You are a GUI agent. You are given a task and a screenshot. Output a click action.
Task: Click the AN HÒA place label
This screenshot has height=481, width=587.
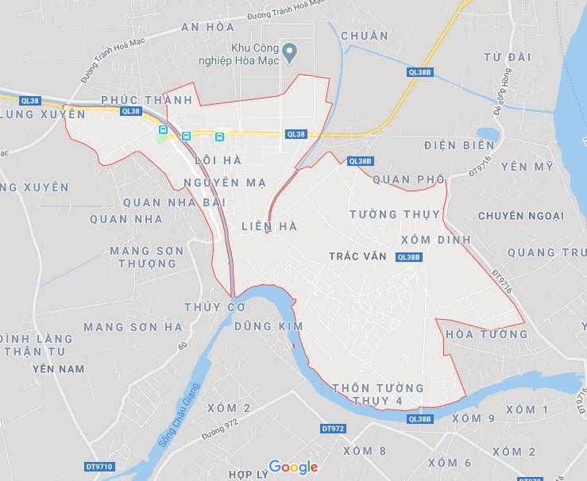[x=209, y=27]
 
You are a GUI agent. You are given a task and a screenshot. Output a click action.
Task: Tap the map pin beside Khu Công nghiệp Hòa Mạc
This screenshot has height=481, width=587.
[x=291, y=54]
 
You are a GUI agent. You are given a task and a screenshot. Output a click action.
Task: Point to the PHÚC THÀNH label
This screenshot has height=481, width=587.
[x=147, y=100]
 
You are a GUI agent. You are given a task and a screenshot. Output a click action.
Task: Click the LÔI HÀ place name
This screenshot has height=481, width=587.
[x=217, y=160]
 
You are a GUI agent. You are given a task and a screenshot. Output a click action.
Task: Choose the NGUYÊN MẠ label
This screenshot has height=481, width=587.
[x=224, y=183]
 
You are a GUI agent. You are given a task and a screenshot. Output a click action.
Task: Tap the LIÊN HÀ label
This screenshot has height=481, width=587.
[x=268, y=226]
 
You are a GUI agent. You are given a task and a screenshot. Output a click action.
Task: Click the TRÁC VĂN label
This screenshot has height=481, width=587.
[x=358, y=256]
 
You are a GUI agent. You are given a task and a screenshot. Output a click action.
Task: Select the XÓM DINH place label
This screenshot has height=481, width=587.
[x=436, y=240]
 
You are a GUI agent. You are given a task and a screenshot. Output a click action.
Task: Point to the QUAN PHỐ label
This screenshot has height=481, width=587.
[x=408, y=179]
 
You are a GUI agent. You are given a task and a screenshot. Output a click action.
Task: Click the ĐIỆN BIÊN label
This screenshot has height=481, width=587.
[x=460, y=145]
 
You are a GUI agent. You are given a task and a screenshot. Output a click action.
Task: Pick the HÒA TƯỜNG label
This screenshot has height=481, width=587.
[x=487, y=334]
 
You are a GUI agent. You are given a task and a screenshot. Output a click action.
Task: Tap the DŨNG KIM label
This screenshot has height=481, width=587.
[x=269, y=326]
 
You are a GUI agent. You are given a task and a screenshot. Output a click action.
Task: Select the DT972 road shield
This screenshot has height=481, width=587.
[x=333, y=429]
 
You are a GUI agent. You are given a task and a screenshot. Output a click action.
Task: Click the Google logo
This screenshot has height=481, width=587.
[x=293, y=467]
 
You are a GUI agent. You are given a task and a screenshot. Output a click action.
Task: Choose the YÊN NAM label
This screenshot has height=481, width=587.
[x=58, y=369]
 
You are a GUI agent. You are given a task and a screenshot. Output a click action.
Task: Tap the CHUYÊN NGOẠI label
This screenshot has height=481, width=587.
[x=520, y=216]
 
